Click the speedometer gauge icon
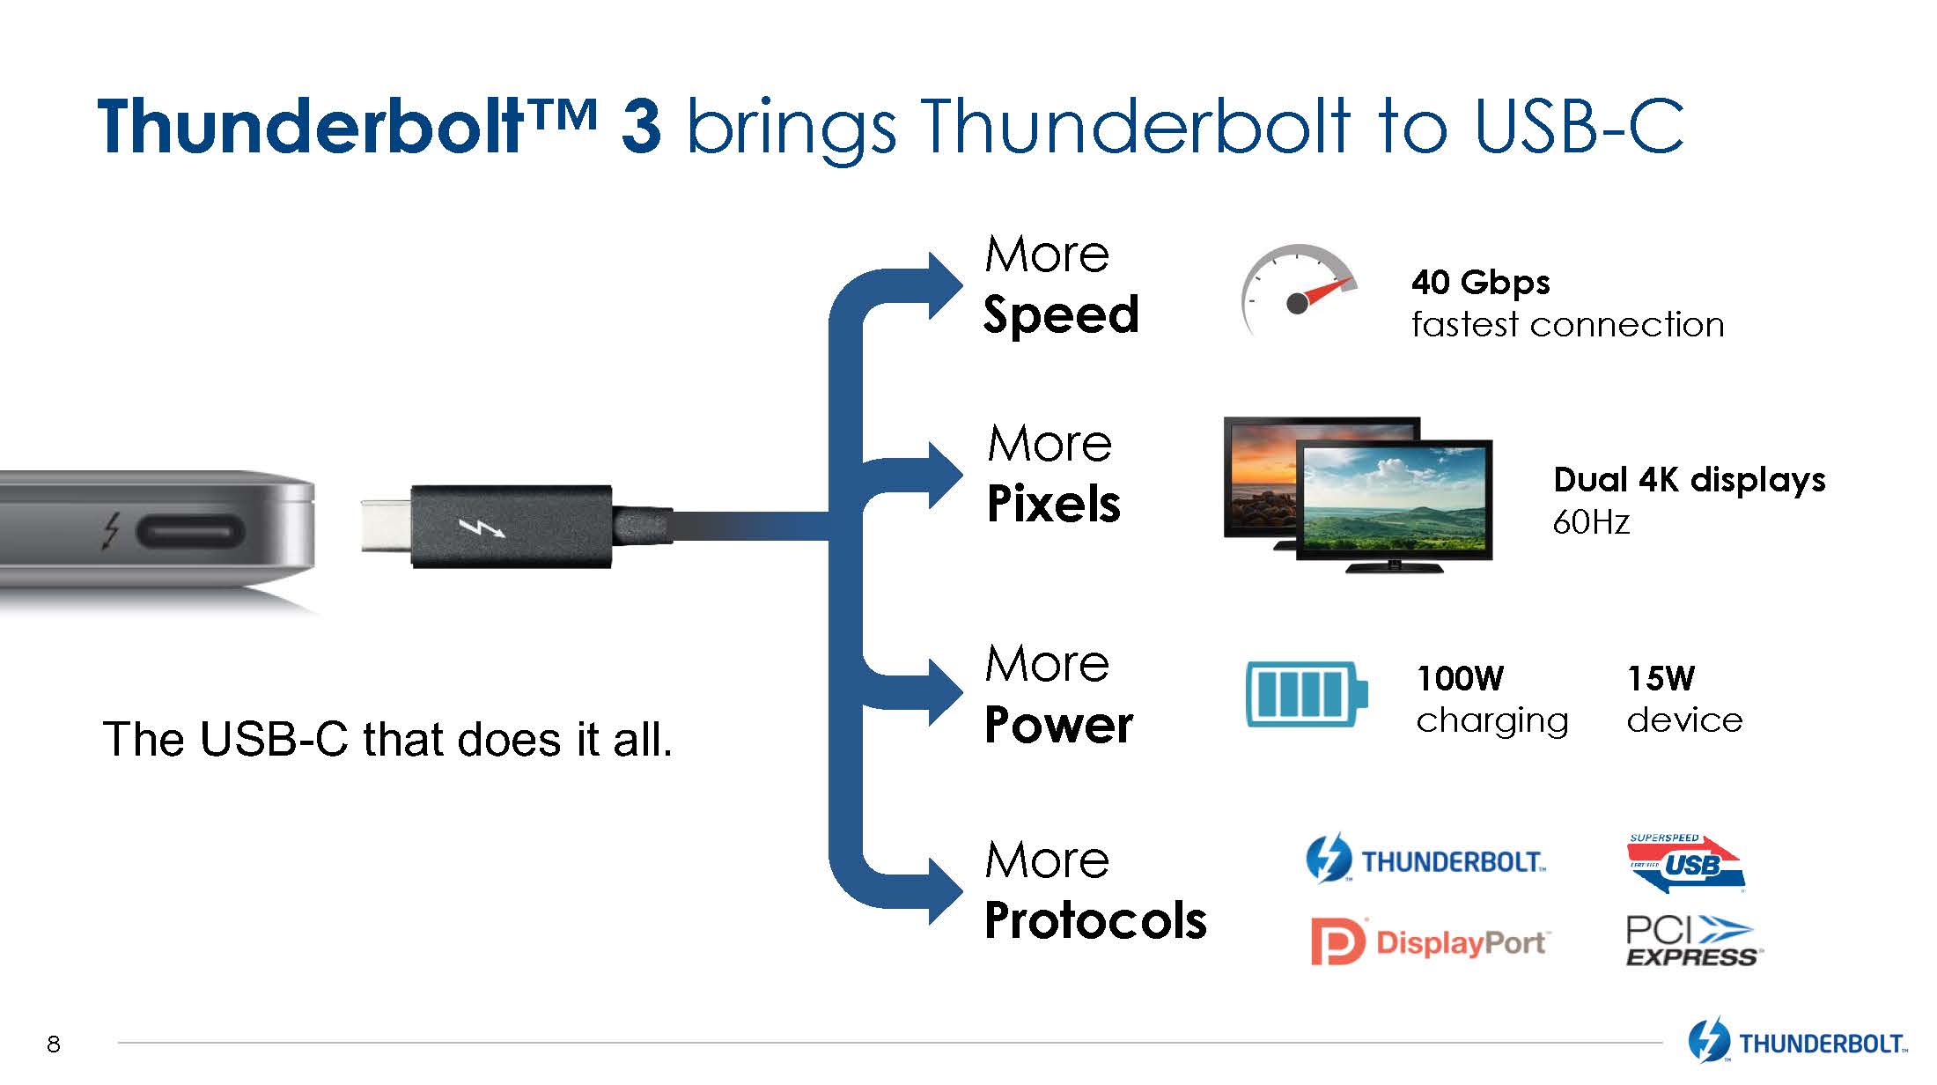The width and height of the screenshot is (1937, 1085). pyautogui.click(x=1298, y=291)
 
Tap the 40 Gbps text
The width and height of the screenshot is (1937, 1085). pyautogui.click(x=1480, y=283)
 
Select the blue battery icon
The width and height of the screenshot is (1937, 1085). pyautogui.click(x=1307, y=695)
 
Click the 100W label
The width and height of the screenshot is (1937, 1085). pyautogui.click(x=1460, y=678)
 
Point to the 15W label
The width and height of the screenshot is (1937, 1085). pyautogui.click(x=1660, y=678)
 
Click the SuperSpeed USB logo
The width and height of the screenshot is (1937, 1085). pyautogui.click(x=1685, y=864)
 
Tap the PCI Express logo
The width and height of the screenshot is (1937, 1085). pyautogui.click(x=1690, y=941)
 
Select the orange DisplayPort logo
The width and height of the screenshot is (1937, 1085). pyautogui.click(x=1428, y=942)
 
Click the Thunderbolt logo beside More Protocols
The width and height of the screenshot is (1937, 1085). pyautogui.click(x=1425, y=860)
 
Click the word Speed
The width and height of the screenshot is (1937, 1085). pyautogui.click(x=1061, y=314)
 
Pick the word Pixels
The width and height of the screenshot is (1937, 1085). pyautogui.click(x=1053, y=504)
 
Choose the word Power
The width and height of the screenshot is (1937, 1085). pyautogui.click(x=1058, y=725)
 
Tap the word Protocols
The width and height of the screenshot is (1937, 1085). pyautogui.click(x=1095, y=921)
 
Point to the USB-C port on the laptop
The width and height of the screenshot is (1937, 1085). pyautogui.click(x=189, y=532)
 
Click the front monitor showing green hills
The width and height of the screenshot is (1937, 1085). pyautogui.click(x=1393, y=498)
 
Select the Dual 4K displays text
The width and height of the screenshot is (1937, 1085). pyautogui.click(x=1689, y=480)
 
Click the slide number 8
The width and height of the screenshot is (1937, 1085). pyautogui.click(x=54, y=1044)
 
